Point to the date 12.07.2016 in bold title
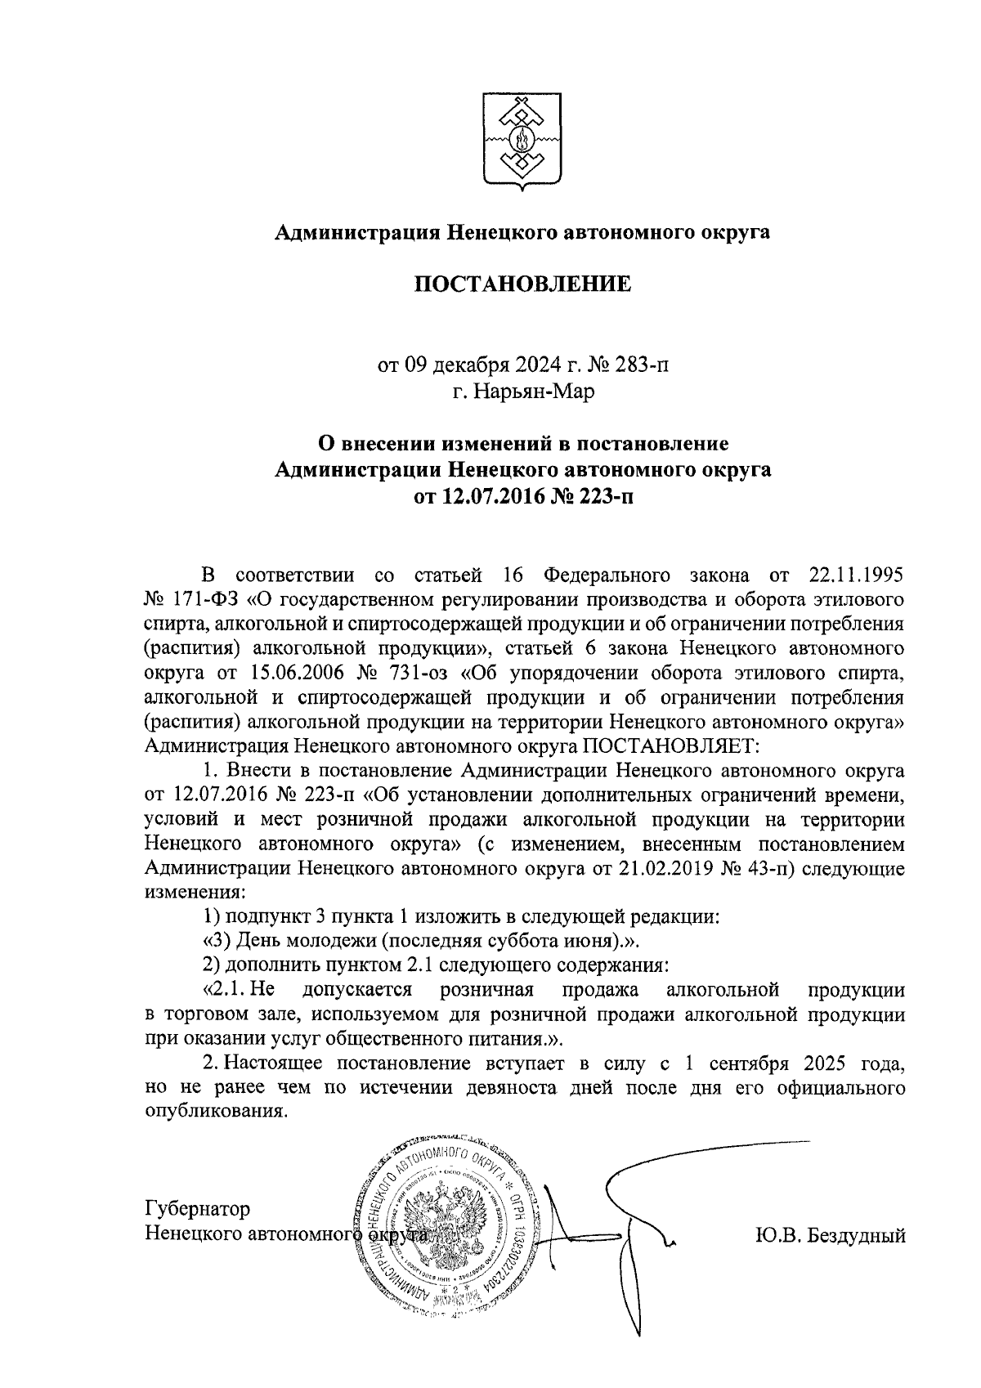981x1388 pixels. (x=482, y=496)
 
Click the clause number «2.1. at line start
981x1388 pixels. (x=226, y=989)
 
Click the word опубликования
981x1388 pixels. (x=216, y=1112)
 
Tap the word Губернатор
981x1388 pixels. (x=198, y=1208)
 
